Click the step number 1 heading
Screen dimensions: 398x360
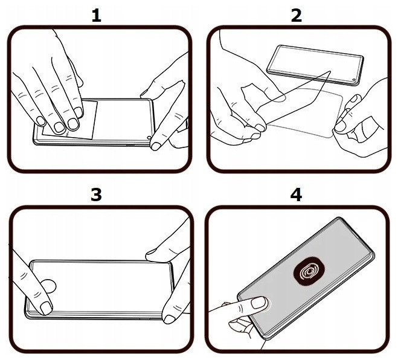(96, 15)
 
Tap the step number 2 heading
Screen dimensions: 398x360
(296, 15)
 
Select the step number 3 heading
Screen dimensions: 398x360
(96, 194)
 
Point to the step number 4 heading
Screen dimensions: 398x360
(296, 194)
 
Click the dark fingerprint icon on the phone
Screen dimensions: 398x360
(309, 272)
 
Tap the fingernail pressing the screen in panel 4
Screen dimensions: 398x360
(258, 303)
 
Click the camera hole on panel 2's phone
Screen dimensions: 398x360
(354, 81)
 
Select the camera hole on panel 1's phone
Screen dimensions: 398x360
(149, 138)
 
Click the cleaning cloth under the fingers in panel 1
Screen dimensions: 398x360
(70, 120)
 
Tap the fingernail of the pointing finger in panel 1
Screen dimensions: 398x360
(156, 146)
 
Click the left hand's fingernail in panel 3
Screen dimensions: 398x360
(46, 308)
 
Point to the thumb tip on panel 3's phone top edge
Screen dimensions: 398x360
(152, 253)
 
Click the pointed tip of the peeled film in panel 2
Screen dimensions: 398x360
(330, 71)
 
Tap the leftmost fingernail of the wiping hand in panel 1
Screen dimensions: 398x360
(40, 121)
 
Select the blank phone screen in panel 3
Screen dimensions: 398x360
(101, 288)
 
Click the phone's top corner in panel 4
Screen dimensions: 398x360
(339, 218)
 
